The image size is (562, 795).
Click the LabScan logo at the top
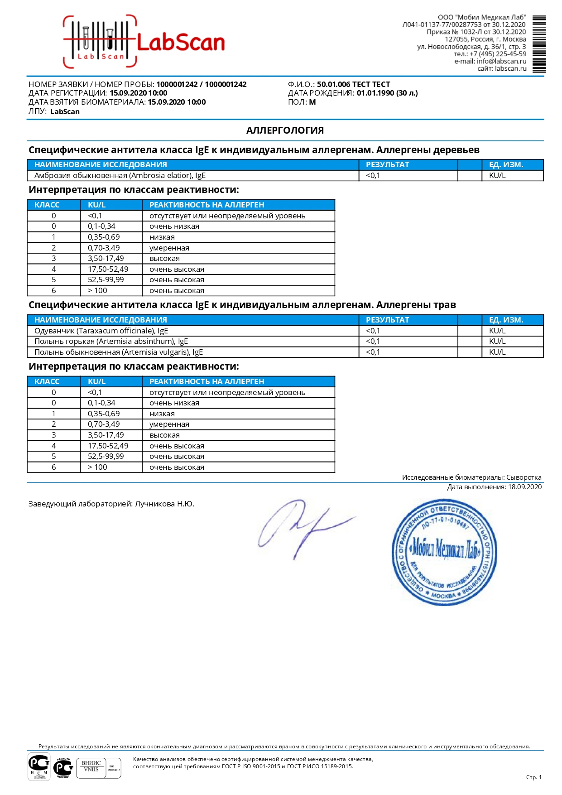click(x=144, y=42)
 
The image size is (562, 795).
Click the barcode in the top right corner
click(x=539, y=44)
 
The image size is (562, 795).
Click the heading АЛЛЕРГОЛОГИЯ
click(x=285, y=130)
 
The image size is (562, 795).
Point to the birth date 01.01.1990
click(x=375, y=93)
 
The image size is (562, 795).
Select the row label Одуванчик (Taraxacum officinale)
click(x=101, y=331)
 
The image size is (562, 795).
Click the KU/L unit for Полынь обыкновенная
click(x=497, y=352)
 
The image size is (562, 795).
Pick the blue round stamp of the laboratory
click(x=444, y=552)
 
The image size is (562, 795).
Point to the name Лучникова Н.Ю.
click(x=164, y=504)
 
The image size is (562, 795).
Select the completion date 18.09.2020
click(x=524, y=487)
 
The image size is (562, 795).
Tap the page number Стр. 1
click(x=533, y=777)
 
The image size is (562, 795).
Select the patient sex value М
click(x=312, y=102)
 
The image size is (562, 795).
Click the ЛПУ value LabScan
click(x=65, y=112)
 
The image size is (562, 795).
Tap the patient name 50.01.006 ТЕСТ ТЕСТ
click(x=353, y=84)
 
